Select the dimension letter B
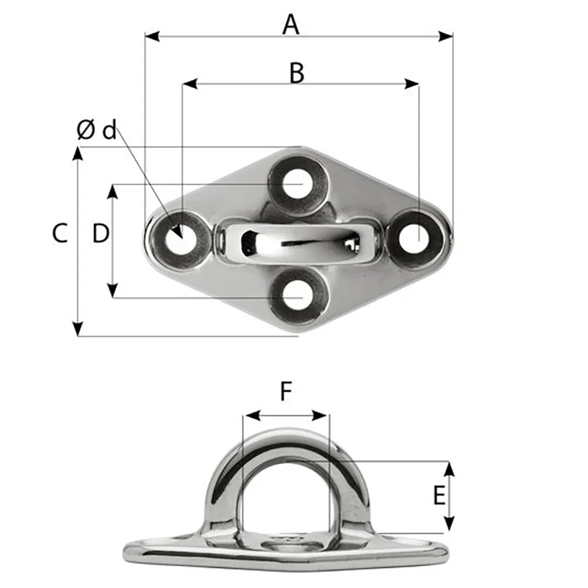[x=297, y=73]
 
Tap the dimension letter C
[x=60, y=233]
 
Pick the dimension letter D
[x=101, y=234]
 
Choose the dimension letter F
[x=286, y=392]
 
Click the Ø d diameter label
[x=97, y=130]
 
